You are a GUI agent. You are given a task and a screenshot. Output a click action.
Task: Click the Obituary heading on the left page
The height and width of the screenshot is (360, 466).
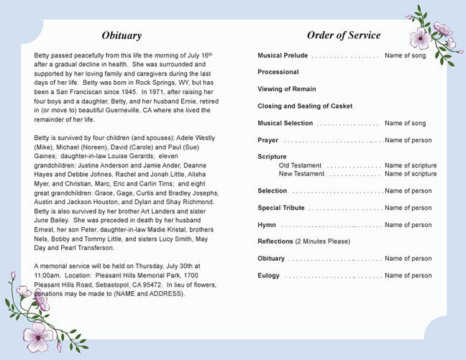[x=122, y=35]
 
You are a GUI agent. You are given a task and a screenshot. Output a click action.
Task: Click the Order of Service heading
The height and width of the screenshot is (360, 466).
[x=344, y=35]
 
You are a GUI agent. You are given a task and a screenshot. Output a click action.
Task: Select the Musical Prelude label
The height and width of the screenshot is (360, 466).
[x=283, y=55]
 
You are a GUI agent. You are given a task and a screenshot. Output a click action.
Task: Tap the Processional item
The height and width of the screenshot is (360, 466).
[x=278, y=72]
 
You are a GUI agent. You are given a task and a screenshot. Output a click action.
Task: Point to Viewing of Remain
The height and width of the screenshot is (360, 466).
[x=287, y=89]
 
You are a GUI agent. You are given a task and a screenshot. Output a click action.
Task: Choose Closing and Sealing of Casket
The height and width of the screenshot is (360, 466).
[x=305, y=106]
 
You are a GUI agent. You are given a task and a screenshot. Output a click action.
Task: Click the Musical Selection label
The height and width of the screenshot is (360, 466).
[x=285, y=124]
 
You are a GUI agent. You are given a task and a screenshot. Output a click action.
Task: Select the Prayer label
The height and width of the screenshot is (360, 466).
[x=268, y=140]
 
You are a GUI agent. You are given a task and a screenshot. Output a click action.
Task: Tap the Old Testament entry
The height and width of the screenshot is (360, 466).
[x=300, y=165]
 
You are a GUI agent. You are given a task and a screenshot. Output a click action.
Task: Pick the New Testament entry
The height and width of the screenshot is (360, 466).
[x=301, y=174]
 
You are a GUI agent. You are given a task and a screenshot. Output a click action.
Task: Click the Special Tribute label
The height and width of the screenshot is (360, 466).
[x=281, y=208]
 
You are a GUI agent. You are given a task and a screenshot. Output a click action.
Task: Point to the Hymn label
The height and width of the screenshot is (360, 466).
[x=267, y=225]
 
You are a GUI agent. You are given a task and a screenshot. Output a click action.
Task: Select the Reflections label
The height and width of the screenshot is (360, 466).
[x=275, y=241]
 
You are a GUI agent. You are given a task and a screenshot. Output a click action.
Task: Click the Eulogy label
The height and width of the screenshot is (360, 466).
[x=269, y=276]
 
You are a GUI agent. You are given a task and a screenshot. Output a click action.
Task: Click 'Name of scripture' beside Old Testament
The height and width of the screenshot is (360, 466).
[x=411, y=165]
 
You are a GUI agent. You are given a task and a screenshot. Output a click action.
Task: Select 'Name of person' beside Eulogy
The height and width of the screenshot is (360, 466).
[x=408, y=276]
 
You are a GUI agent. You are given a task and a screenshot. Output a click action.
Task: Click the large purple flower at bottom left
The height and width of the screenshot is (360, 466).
[x=35, y=333]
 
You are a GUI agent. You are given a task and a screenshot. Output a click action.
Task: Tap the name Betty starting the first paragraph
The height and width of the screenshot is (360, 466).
[x=42, y=55]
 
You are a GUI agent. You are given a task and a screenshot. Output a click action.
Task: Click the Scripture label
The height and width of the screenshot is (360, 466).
[x=272, y=157]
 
